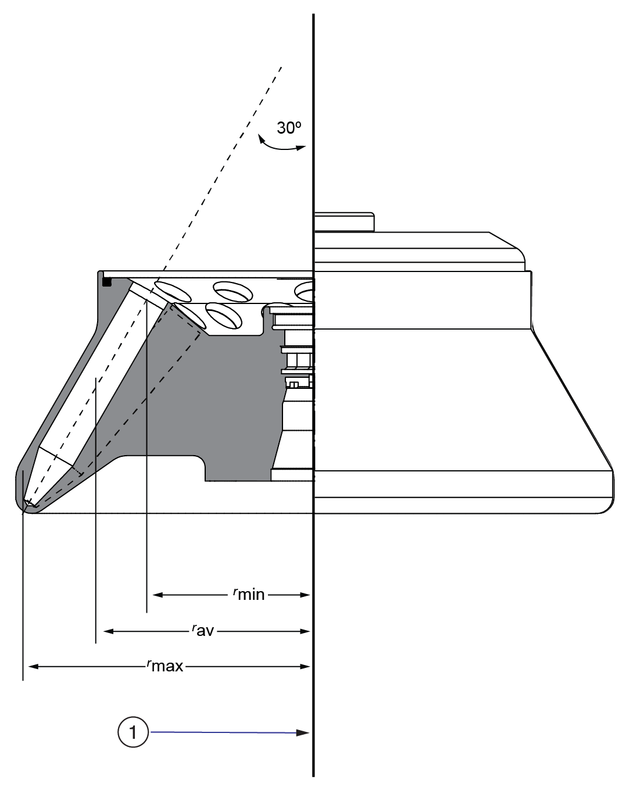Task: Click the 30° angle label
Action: point(289,128)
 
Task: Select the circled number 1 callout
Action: point(133,731)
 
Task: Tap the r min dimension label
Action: point(249,594)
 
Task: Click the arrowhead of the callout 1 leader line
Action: point(303,733)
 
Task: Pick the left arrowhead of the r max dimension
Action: point(34,667)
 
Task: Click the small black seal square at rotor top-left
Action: point(107,282)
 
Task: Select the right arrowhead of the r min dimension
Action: point(304,595)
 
